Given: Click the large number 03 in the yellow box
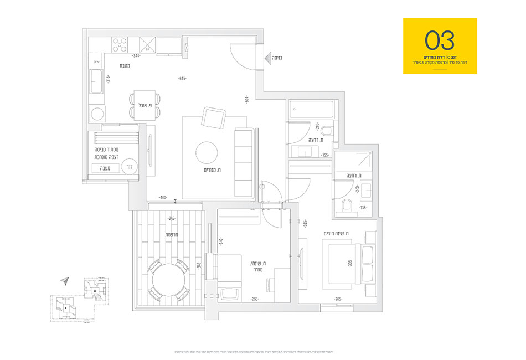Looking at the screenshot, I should (440, 40).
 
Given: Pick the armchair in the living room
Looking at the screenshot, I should (213, 117).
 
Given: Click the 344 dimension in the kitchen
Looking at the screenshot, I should (135, 56).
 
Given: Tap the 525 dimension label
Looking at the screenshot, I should (305, 224).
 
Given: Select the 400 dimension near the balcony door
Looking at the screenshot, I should (163, 197).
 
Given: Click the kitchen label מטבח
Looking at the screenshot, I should (125, 66).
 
